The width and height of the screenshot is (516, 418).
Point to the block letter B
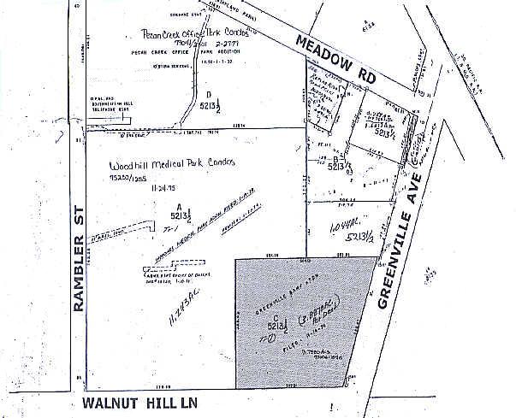[337, 159]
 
